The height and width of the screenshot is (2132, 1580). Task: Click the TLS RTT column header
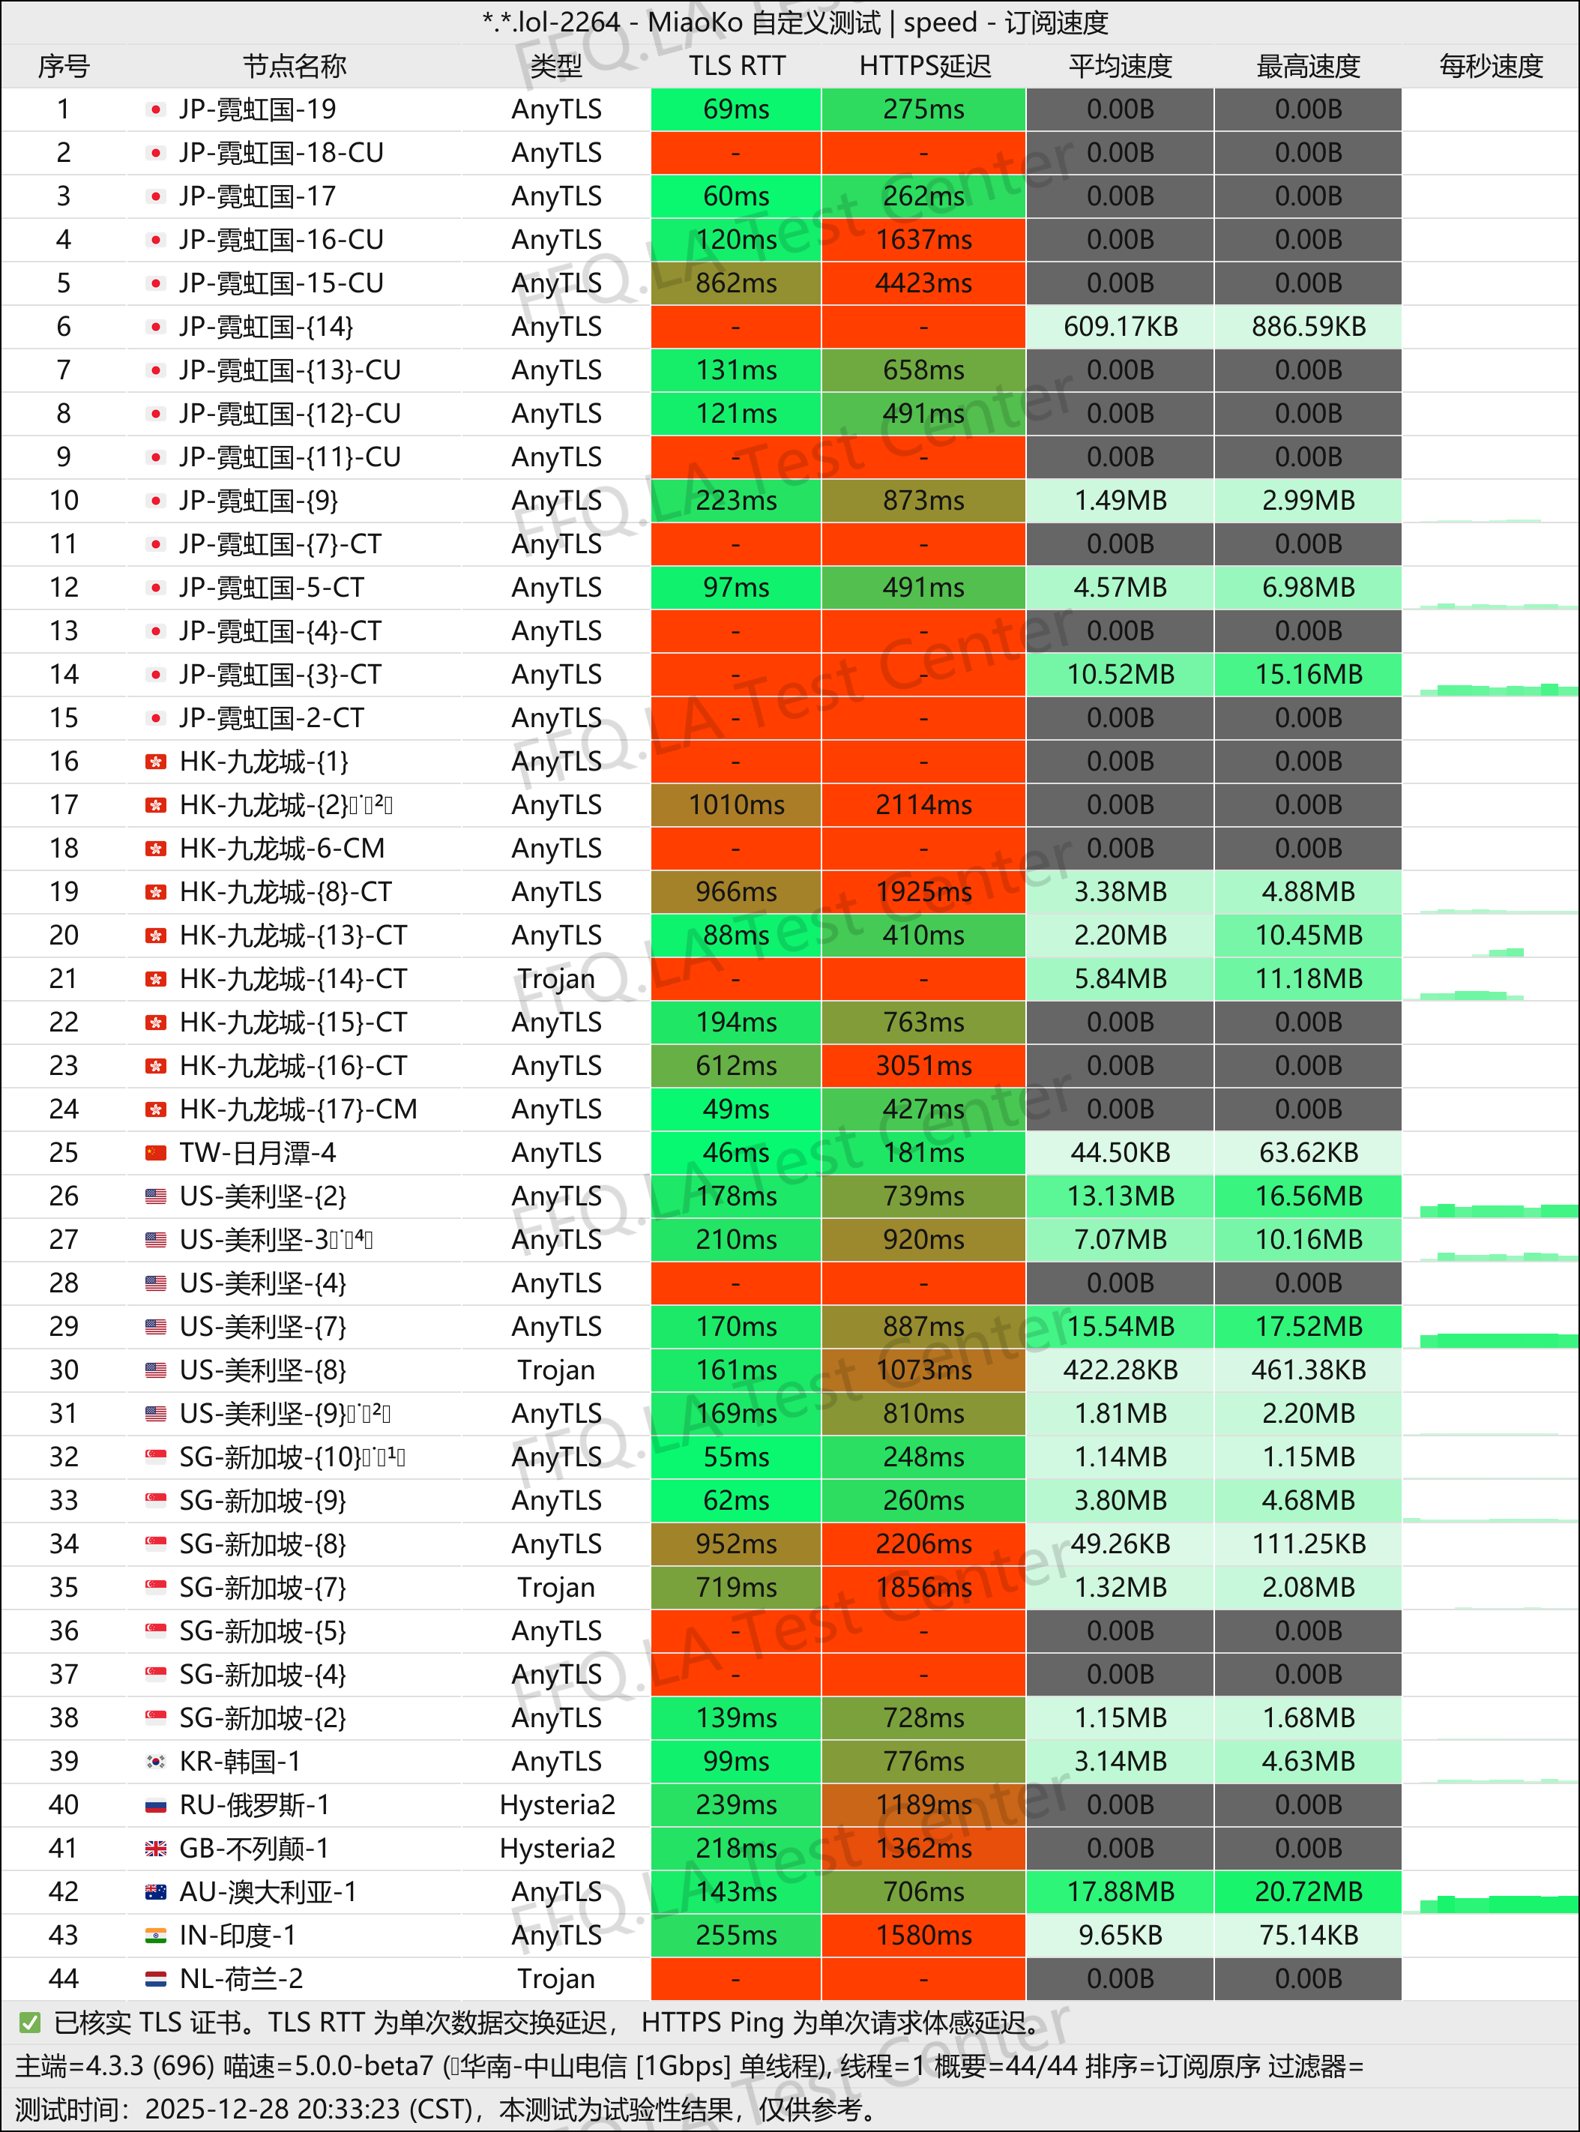(737, 66)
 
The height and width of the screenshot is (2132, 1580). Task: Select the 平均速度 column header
(1120, 66)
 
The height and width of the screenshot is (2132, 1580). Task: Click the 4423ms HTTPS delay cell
(924, 283)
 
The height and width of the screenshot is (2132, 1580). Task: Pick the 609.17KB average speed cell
(1120, 326)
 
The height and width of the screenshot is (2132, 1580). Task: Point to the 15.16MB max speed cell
(1307, 675)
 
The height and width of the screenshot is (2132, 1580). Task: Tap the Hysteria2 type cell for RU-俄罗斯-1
(557, 1805)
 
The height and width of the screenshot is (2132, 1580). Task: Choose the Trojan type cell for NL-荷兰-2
(557, 1978)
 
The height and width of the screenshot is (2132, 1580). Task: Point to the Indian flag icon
(156, 1935)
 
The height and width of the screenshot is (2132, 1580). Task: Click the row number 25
(63, 1152)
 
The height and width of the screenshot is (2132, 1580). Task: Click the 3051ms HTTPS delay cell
(924, 1065)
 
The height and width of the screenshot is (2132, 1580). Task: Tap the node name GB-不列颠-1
(254, 1848)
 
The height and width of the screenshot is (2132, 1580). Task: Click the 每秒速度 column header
(1490, 66)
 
